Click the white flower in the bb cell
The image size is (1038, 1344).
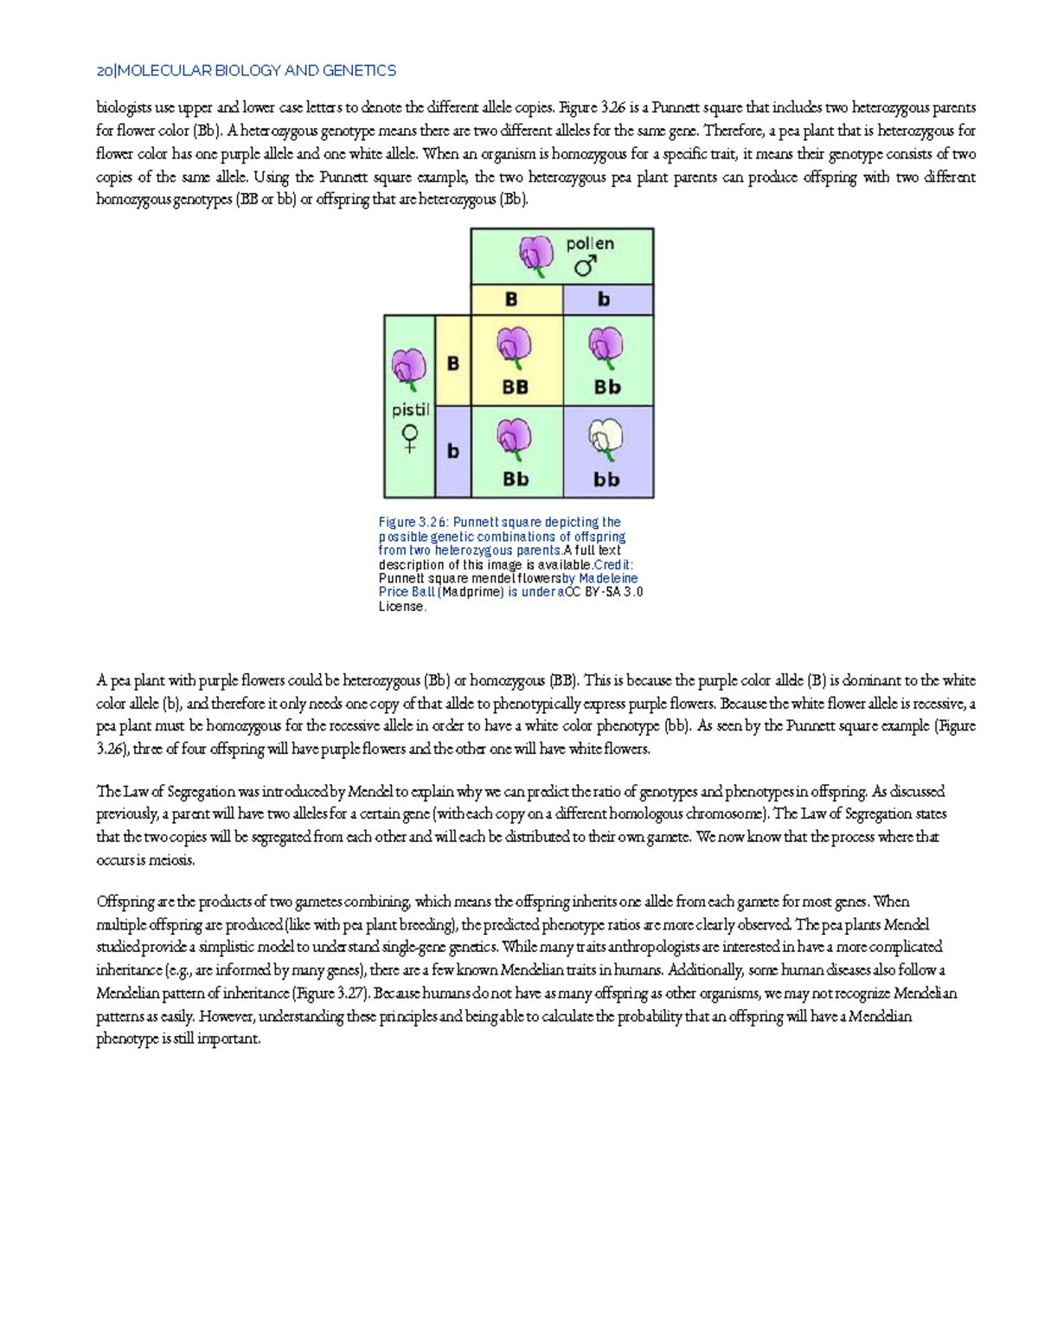click(605, 439)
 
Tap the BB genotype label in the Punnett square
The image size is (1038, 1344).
click(516, 387)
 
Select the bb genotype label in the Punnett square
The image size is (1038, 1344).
click(606, 479)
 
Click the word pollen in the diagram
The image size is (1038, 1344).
click(590, 244)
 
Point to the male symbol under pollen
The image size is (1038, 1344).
click(586, 266)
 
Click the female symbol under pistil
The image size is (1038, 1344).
click(410, 438)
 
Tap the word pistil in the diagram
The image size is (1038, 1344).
click(410, 409)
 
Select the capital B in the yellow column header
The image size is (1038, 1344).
click(511, 299)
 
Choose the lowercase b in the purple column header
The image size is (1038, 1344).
click(604, 299)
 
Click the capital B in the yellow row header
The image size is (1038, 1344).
click(452, 363)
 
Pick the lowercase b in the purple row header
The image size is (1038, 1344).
click(452, 451)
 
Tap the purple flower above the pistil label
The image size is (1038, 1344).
click(409, 370)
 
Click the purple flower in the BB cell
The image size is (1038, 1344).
click(515, 348)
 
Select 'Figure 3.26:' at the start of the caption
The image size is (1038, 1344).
click(414, 522)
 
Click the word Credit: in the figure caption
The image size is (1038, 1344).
click(613, 564)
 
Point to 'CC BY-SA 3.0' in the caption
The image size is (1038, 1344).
click(604, 592)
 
